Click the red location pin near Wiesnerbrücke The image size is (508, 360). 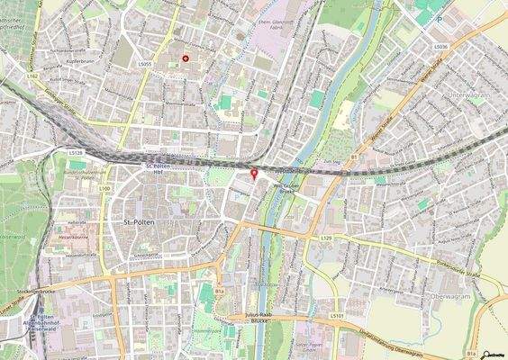click(x=253, y=174)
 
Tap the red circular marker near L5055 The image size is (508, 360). click(x=186, y=58)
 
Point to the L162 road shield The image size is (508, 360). click(x=34, y=78)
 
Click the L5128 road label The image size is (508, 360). click(x=76, y=154)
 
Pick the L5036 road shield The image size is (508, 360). click(x=440, y=46)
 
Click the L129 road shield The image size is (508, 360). click(x=326, y=238)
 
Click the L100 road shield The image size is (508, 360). click(x=104, y=188)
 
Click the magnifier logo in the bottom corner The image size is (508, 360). click(x=494, y=353)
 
